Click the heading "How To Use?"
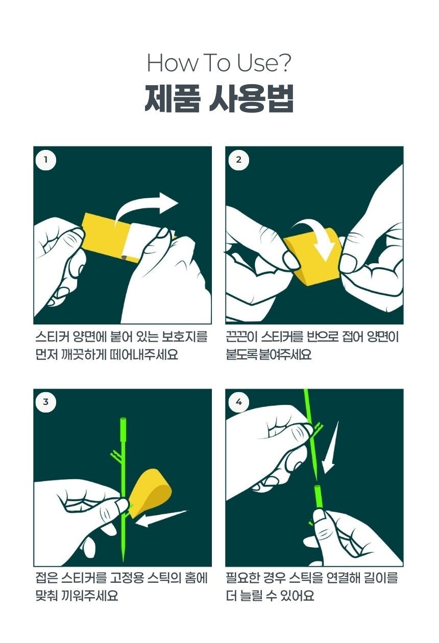point(219,63)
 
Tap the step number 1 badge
point(45,160)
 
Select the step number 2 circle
point(238,160)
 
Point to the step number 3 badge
point(45,402)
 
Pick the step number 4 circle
point(238,402)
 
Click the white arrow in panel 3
point(161,519)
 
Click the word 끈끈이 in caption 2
point(241,337)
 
